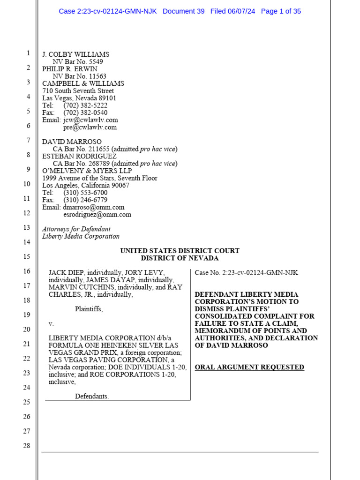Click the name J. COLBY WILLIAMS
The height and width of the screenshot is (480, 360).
point(75,54)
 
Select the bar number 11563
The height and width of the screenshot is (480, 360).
point(96,76)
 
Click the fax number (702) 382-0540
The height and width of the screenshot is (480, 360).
point(85,112)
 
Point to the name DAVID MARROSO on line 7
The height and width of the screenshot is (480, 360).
point(72,142)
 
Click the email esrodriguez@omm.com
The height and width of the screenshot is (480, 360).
point(97,215)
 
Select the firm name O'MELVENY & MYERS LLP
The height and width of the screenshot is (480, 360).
point(87,171)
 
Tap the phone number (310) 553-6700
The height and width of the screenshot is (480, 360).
point(85,193)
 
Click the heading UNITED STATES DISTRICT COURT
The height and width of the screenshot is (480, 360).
point(180,251)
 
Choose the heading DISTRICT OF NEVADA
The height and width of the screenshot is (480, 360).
point(180,258)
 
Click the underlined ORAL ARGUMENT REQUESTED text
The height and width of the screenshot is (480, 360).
point(249,367)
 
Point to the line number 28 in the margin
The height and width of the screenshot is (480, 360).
point(27,446)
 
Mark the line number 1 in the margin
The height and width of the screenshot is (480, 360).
point(28,53)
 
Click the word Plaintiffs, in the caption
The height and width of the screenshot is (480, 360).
point(89,309)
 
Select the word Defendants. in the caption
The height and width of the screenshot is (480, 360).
point(92,397)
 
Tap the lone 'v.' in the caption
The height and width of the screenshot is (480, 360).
point(51,324)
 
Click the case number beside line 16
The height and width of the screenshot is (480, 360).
point(246,273)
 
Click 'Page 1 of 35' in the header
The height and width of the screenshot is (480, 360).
point(281,11)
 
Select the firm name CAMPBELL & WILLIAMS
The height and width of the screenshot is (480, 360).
point(83,83)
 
